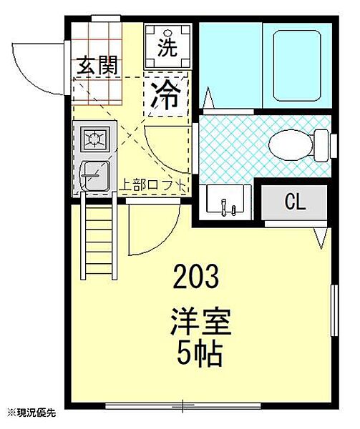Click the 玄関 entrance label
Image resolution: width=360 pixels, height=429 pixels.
coord(97,66)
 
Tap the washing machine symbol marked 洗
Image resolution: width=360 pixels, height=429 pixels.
coord(167,46)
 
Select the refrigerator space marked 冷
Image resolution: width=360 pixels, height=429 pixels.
coord(166,94)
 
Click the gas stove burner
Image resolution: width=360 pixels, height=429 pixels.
coord(95,139)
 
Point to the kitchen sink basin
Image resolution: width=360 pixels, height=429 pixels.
coord(95,176)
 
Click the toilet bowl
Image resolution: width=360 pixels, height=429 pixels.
coord(291,145)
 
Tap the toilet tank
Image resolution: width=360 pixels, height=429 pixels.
coord(321,145)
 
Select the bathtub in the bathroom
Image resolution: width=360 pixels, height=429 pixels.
coord(297,66)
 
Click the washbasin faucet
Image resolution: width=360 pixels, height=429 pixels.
coord(224,207)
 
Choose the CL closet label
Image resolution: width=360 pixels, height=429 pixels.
coord(295,202)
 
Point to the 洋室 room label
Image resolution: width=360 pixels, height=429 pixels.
coord(200,322)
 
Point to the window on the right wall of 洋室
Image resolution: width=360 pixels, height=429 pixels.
coord(334,310)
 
